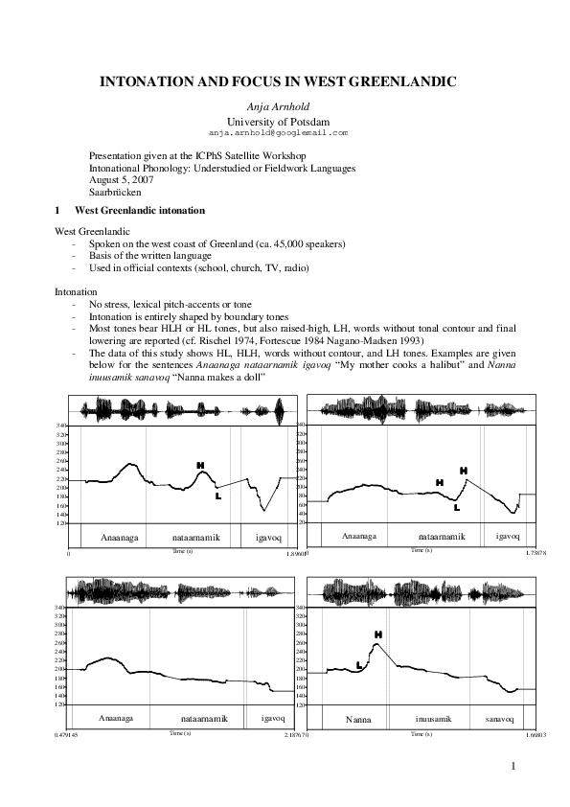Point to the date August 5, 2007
click(x=120, y=179)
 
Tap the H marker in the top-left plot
click(x=200, y=466)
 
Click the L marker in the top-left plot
click(x=218, y=496)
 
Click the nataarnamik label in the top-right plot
click(x=442, y=537)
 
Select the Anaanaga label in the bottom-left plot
click(x=115, y=718)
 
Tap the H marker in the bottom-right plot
click(x=378, y=634)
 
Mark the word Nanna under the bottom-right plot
click(x=359, y=719)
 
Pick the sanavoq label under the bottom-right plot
click(x=498, y=718)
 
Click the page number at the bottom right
click(x=513, y=766)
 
